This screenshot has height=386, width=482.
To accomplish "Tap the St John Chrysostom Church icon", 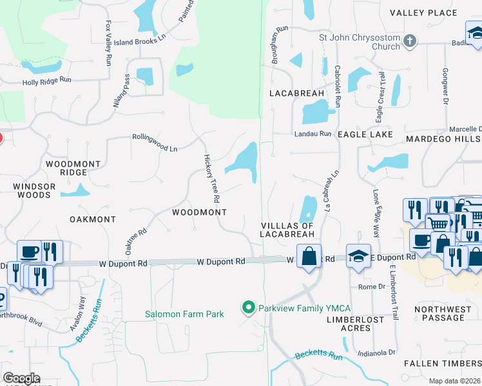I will pos(410,42).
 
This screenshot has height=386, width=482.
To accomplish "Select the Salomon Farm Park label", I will pos(184,314).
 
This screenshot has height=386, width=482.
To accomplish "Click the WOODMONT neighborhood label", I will pos(199,212).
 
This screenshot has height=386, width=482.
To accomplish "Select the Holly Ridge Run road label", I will pos(46,80).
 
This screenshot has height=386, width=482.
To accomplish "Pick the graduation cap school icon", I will pos(358,256).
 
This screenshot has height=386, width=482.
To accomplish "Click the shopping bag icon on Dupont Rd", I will pos(309,256).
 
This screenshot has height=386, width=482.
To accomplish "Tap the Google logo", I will pos(21,378).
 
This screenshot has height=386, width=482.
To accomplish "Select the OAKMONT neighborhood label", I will pos(92,219).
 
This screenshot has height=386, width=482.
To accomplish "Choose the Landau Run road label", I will pos(313,134).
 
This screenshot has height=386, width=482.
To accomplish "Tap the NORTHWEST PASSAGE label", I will pos(443,313).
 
